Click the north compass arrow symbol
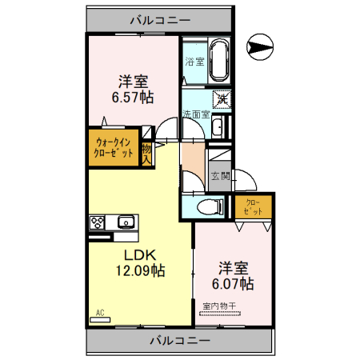(x=261, y=47)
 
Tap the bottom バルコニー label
(x=179, y=341)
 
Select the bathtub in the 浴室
(x=218, y=61)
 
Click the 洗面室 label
(x=194, y=114)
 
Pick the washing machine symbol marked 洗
(x=222, y=100)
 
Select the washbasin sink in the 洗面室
(x=219, y=126)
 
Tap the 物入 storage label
(x=146, y=152)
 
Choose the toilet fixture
(x=210, y=206)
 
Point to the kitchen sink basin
(x=126, y=222)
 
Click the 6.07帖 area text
(x=233, y=283)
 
